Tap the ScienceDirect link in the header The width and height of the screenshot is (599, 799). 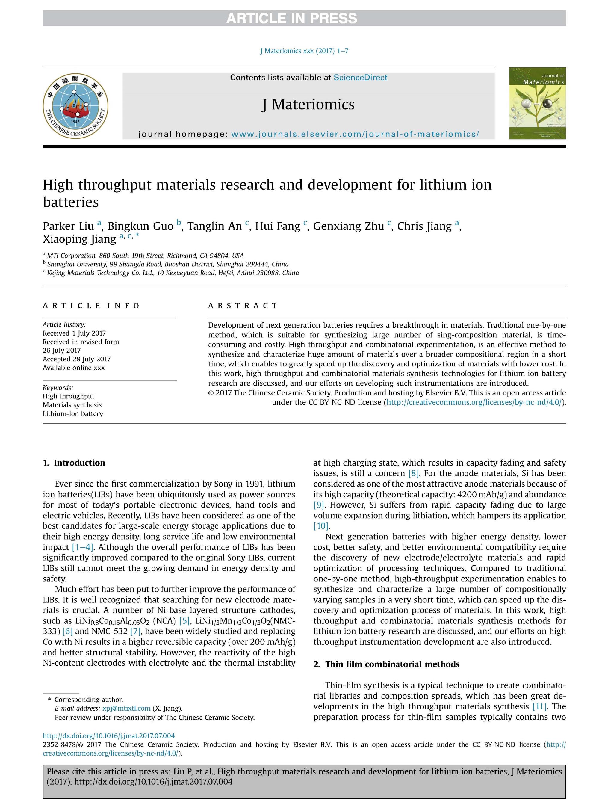(x=360, y=77)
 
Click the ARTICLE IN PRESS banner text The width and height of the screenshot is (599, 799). (x=291, y=18)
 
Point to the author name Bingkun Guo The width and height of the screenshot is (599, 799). (x=140, y=226)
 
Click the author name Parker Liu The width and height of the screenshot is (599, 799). (x=68, y=226)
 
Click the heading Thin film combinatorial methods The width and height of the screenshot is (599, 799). (x=392, y=664)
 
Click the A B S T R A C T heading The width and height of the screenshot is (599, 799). (x=242, y=306)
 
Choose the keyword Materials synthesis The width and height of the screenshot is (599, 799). (x=72, y=405)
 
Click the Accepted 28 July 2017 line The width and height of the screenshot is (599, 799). (x=77, y=359)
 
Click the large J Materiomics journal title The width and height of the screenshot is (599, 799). (x=308, y=105)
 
